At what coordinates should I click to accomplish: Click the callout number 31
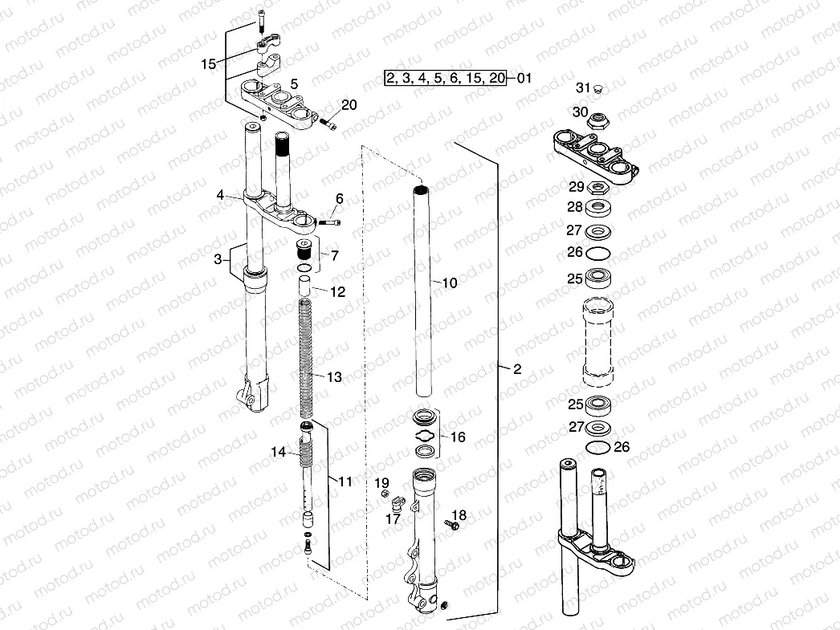point(583,87)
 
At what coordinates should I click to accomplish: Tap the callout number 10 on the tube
point(449,282)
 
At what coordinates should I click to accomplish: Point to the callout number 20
point(348,105)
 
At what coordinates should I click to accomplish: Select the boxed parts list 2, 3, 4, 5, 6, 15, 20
point(445,78)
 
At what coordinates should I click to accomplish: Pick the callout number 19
point(382,482)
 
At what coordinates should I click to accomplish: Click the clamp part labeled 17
point(396,505)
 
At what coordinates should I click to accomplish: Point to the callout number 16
point(458,437)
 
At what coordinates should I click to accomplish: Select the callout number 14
point(278,453)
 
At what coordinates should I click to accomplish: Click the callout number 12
point(337,292)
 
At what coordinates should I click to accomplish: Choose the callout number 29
point(577,187)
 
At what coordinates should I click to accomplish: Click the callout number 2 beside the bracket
point(517,369)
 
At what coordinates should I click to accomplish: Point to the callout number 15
point(209,64)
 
